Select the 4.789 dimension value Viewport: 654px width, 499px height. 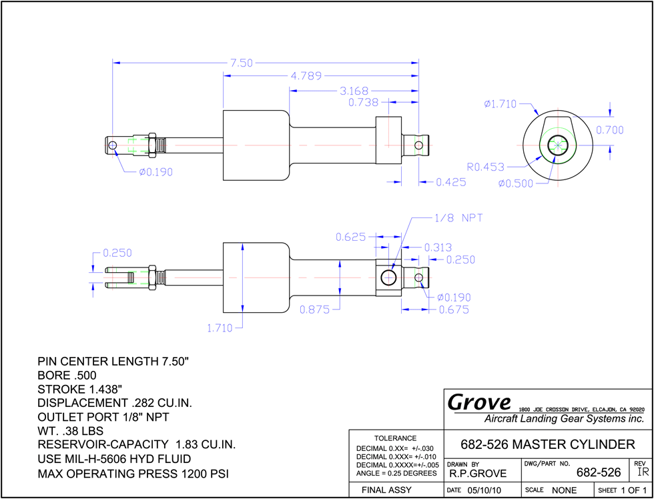click(306, 76)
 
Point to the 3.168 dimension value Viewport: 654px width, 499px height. click(354, 91)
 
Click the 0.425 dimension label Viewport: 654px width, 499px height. click(450, 182)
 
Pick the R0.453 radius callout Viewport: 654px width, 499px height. click(485, 167)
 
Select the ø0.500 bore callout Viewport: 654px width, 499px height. click(515, 183)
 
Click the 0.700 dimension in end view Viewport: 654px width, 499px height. click(609, 130)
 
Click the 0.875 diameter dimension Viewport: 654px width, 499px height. click(315, 310)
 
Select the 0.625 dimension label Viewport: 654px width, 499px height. click(351, 237)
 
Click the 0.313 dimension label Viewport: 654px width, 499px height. click(438, 247)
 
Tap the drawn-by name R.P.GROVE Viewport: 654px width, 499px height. click(478, 473)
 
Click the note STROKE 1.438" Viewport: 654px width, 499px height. click(79, 390)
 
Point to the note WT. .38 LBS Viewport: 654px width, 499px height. click(71, 430)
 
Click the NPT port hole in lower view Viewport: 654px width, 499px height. click(388, 278)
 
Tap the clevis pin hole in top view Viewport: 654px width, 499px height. click(112, 145)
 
